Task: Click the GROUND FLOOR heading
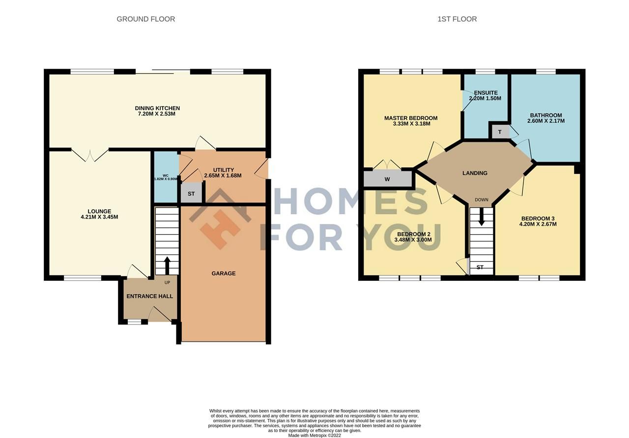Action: tap(145, 19)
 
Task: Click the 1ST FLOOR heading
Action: tap(457, 19)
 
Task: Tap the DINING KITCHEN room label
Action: tap(157, 108)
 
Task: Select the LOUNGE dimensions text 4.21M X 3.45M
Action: tap(100, 217)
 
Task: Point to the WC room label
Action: tap(166, 175)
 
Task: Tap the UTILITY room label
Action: tap(223, 170)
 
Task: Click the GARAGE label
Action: tap(224, 274)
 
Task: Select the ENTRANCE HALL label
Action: tap(150, 296)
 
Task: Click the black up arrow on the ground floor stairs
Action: tap(167, 265)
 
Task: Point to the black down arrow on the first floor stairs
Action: tap(482, 217)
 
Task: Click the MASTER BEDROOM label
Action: tap(411, 118)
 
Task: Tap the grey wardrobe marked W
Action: tap(387, 179)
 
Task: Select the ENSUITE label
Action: tap(486, 93)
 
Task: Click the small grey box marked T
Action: tap(500, 132)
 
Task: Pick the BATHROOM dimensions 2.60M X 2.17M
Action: tap(546, 121)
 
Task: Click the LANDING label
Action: tap(475, 173)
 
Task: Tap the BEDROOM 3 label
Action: tap(538, 219)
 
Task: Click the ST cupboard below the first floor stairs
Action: tap(480, 268)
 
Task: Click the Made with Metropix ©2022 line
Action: tap(314, 435)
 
